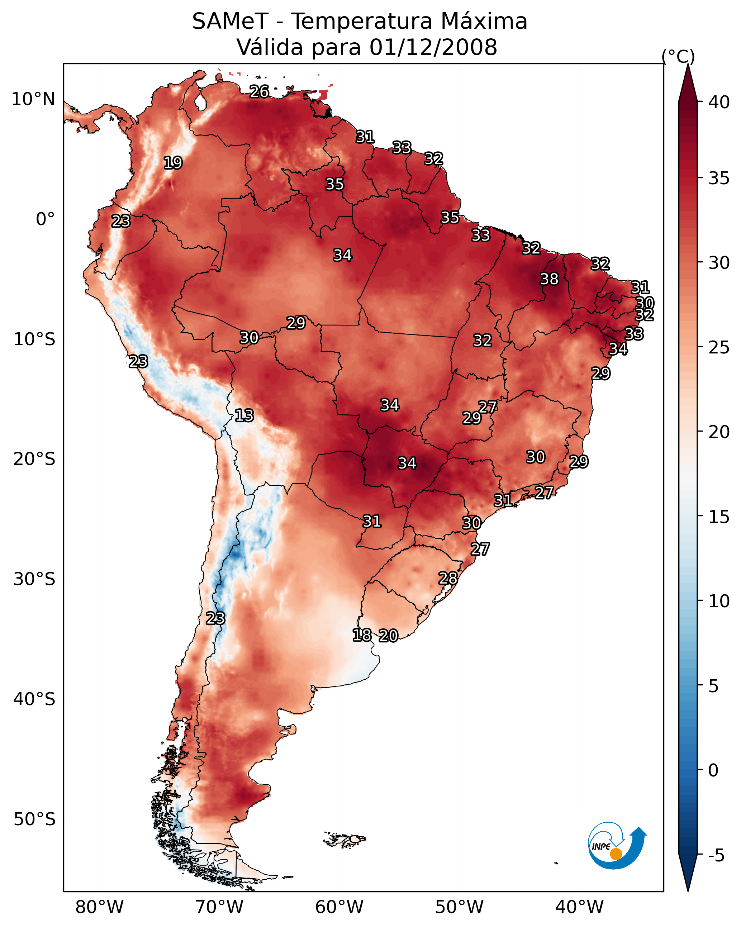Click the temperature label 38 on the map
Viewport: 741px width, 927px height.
tap(549, 279)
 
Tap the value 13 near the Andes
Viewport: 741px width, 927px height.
tap(244, 415)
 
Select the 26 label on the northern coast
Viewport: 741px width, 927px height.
tap(259, 91)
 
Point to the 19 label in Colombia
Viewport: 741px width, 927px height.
tap(173, 163)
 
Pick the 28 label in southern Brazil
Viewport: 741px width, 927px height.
tap(448, 578)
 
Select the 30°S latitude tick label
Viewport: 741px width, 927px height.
tap(34, 579)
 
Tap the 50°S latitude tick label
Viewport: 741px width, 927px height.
tap(34, 819)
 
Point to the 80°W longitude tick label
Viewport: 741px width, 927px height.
tap(99, 907)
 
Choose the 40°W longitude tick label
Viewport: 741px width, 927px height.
tap(579, 907)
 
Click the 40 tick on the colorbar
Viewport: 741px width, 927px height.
tap(719, 102)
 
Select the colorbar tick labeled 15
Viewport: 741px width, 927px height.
tap(719, 517)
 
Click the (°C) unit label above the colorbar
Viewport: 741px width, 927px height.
tap(678, 56)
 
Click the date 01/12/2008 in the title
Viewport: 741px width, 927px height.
tap(433, 47)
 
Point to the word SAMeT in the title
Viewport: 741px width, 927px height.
tap(230, 22)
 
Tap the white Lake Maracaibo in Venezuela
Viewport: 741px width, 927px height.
tap(200, 101)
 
